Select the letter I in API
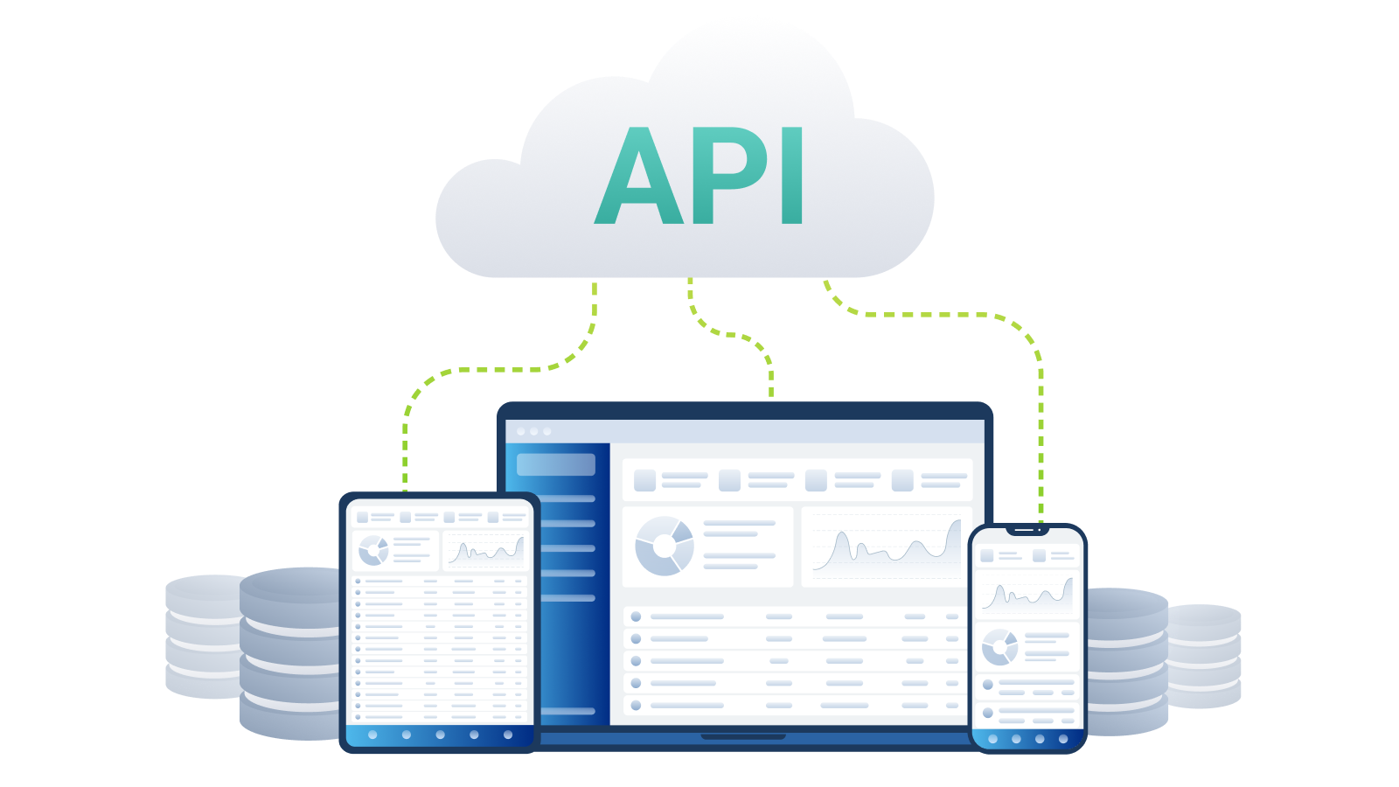coord(792,176)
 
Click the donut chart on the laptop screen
coord(664,546)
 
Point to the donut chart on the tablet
coord(372,550)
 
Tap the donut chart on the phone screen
coord(999,647)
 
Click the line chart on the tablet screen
coord(486,551)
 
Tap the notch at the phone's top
coord(1027,530)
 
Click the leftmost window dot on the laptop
coord(521,432)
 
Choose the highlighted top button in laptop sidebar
coord(556,464)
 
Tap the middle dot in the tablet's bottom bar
coord(441,735)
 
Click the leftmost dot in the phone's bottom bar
coord(993,739)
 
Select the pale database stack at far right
coord(1204,656)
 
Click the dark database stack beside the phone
coord(1127,661)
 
